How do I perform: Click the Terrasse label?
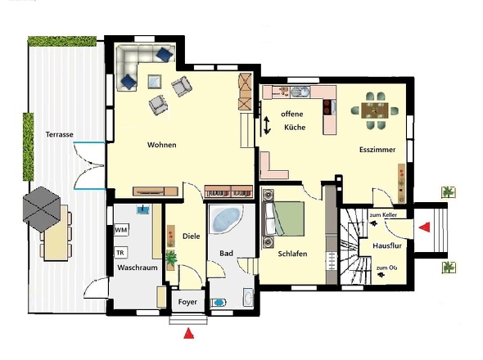click(60, 134)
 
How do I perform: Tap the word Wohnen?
click(162, 145)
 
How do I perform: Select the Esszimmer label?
click(377, 150)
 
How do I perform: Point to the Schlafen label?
click(292, 254)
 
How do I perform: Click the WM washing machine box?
click(121, 230)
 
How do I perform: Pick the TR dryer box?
click(120, 253)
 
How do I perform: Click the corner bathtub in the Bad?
click(226, 219)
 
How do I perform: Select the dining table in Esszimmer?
click(375, 110)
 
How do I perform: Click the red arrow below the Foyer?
click(189, 334)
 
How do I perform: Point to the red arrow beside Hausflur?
click(424, 227)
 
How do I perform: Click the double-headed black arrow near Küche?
click(267, 125)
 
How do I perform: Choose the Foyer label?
click(187, 302)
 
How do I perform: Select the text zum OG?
click(386, 268)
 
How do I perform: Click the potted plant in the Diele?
click(170, 259)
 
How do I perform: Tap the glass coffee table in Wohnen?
click(155, 82)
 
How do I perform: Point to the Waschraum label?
click(138, 268)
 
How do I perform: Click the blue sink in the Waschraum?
click(143, 209)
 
